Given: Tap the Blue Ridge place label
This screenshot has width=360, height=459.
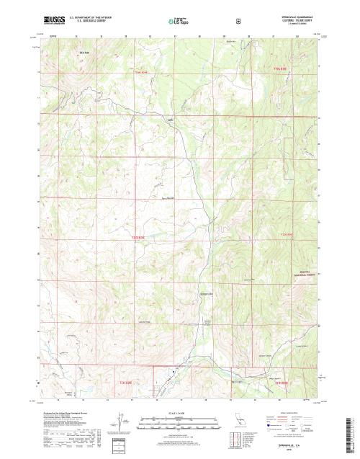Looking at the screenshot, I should coord(84,53).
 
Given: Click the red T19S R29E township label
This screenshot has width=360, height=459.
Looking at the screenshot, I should coord(144,72).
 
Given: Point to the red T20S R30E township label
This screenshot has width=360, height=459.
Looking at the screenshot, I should coord(288,234).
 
